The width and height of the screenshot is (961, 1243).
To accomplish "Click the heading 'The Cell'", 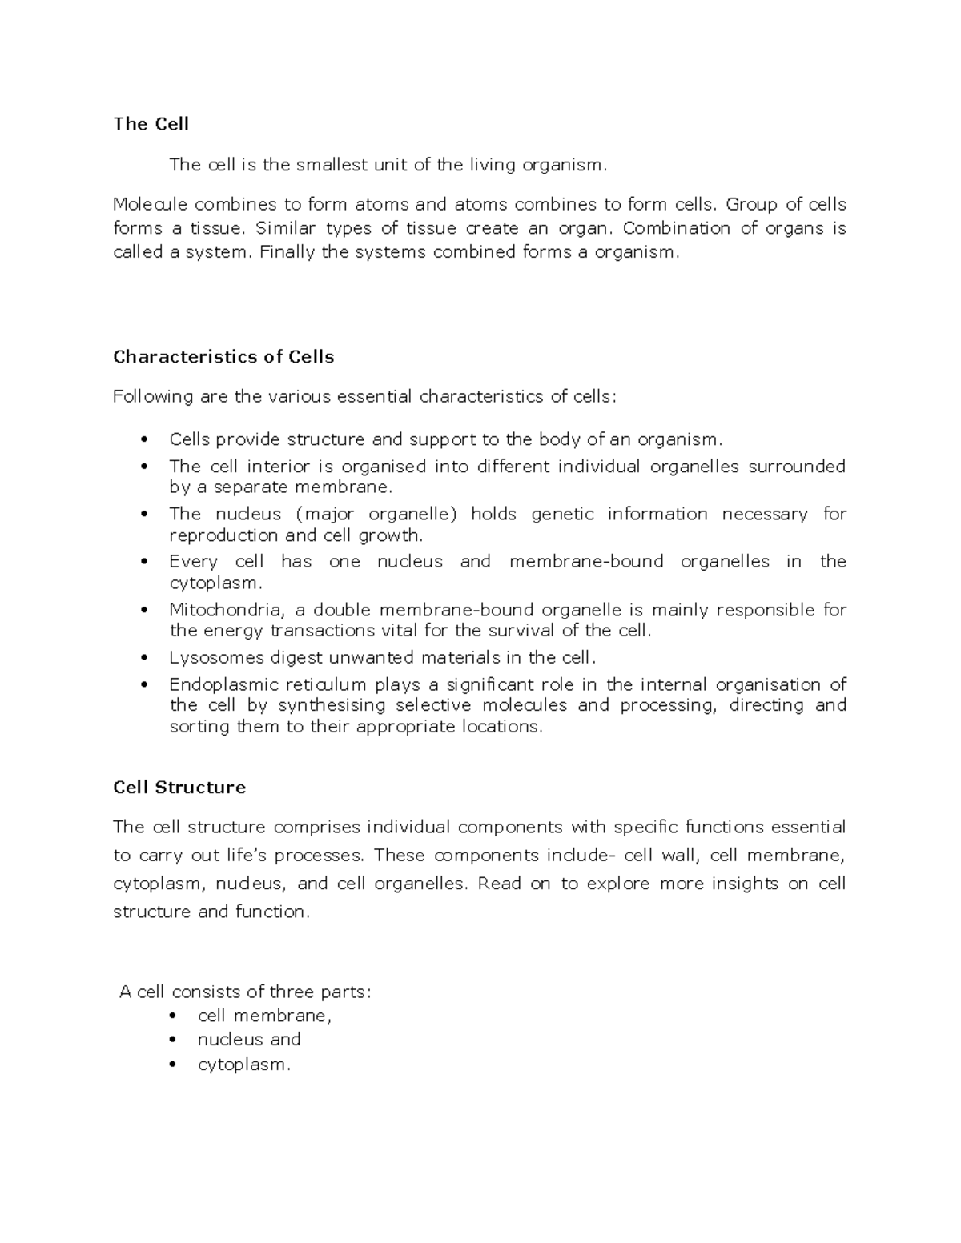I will click(151, 124).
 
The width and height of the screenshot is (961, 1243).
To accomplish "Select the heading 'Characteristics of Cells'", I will click(223, 357).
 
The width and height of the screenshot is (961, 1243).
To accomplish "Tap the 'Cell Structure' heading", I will click(179, 788).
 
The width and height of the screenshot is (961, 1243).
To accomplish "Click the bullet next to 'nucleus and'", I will click(172, 1041).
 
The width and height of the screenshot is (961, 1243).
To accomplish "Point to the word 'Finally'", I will click(288, 252).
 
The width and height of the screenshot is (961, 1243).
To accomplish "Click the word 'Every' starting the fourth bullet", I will click(193, 562).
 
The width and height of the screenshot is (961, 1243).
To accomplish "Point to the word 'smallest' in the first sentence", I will click(328, 166).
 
